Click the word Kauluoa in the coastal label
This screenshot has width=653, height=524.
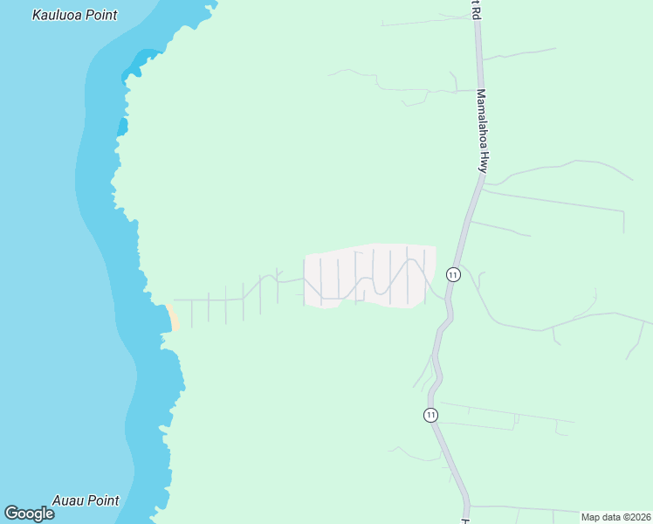pyautogui.click(x=59, y=16)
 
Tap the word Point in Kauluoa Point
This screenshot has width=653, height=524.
pyautogui.click(x=102, y=16)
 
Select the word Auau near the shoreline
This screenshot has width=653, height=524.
pyautogui.click(x=69, y=500)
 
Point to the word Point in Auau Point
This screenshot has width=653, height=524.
pyautogui.click(x=103, y=500)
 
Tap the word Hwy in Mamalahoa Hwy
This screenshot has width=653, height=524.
pyautogui.click(x=481, y=159)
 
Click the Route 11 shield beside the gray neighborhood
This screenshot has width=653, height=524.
pyautogui.click(x=452, y=274)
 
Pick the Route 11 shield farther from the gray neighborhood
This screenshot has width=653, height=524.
pyautogui.click(x=430, y=415)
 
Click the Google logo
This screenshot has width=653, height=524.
pyautogui.click(x=29, y=514)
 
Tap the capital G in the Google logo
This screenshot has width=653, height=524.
pyautogui.click(x=11, y=514)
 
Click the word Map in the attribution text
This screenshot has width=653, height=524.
pyautogui.click(x=591, y=517)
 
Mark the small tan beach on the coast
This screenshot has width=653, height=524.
pyautogui.click(x=173, y=316)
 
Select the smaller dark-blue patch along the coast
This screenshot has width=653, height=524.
pyautogui.click(x=122, y=128)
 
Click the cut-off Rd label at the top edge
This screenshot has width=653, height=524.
pyautogui.click(x=474, y=8)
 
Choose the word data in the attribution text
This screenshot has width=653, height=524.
pyautogui.click(x=611, y=517)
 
